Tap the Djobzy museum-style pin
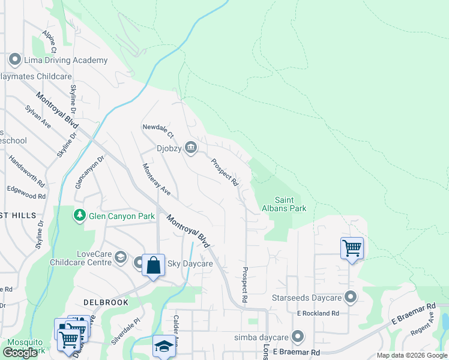(191, 148)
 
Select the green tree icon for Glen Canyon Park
(79, 215)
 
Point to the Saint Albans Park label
(291, 204)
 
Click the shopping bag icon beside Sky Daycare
(153, 265)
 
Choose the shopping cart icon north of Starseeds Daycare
(352, 247)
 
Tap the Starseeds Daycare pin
(351, 298)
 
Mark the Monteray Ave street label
(156, 179)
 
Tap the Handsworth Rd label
(27, 170)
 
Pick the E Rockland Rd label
(318, 313)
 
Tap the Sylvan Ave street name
(38, 115)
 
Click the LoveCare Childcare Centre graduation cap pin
(121, 258)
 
